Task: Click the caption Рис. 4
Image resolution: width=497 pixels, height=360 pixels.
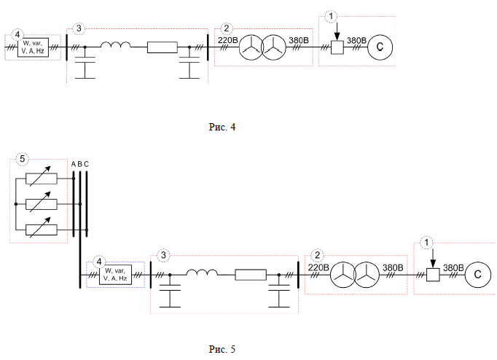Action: pos(222,127)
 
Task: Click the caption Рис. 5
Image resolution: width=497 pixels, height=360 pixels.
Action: pos(222,349)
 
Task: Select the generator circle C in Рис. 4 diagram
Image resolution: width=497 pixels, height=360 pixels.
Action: pos(380,47)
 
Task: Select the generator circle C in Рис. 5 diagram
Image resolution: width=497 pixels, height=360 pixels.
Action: pos(478,275)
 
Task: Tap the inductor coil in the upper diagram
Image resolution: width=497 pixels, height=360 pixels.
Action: pos(116,44)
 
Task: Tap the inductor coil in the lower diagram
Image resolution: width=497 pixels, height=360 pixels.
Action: pos(202,273)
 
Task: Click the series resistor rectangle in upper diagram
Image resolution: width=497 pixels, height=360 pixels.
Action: pos(163,47)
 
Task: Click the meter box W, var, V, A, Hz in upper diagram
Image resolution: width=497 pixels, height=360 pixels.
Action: pos(33,47)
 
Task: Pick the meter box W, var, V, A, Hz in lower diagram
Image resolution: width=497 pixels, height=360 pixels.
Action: pos(116,275)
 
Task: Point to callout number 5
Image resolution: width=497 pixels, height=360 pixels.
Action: pos(22,158)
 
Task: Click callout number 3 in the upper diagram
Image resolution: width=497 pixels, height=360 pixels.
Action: pos(79,28)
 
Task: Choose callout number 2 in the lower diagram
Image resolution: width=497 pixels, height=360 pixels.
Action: pos(317,255)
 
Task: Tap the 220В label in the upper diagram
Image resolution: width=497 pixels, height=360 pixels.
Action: pos(227,41)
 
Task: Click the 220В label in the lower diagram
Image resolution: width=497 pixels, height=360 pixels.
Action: pos(318,267)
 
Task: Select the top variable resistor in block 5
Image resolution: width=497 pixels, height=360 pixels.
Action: pos(42,179)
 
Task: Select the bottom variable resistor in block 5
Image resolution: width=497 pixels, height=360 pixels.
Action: pos(42,230)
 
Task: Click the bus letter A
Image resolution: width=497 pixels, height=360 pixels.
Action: pos(73,164)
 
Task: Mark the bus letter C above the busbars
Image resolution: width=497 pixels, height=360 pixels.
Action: pos(86,164)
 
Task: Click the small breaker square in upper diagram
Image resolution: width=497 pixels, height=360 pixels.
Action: pos(337,47)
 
